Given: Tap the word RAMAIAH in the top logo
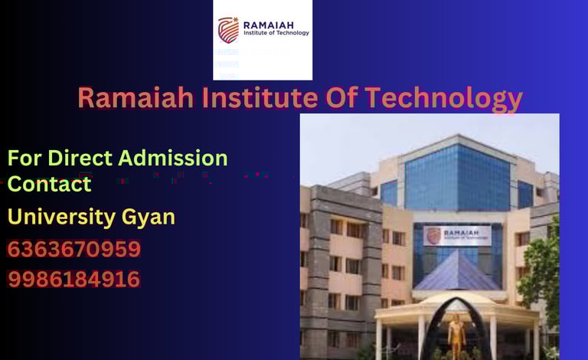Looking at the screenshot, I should (268, 25).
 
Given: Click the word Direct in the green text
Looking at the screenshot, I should (80, 159).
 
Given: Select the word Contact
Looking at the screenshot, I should (49, 184).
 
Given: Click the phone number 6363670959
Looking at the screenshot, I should (74, 250).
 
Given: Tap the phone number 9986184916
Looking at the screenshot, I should (74, 280).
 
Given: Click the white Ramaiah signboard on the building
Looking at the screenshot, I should (457, 235).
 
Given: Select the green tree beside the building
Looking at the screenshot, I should (544, 276).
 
